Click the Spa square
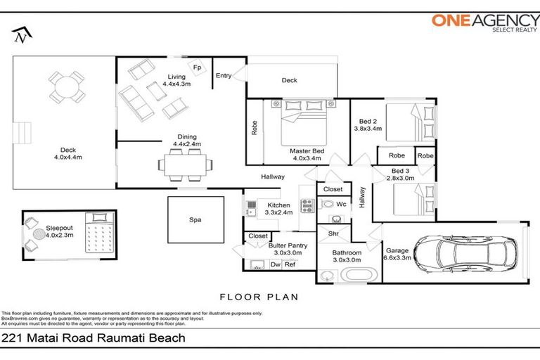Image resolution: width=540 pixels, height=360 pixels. [195, 219]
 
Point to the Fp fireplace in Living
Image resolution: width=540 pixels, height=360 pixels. [198, 67]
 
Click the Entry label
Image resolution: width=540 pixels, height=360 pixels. [224, 76]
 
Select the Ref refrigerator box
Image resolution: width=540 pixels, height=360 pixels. [290, 264]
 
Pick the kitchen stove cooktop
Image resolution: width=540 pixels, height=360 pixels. [307, 205]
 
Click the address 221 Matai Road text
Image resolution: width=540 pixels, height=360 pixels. [94, 338]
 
